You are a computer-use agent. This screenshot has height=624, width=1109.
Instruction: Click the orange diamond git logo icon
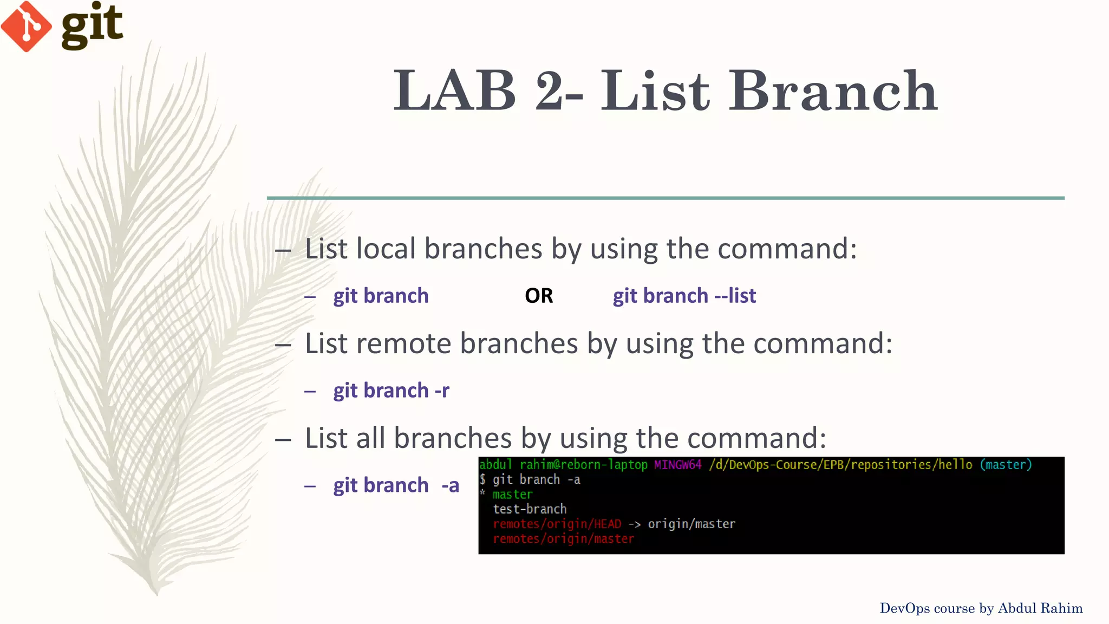click(26, 26)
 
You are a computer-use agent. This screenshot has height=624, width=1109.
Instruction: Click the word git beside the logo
click(92, 26)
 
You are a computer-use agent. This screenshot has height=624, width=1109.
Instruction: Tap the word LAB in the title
click(454, 90)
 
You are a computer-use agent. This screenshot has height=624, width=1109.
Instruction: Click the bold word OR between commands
click(539, 296)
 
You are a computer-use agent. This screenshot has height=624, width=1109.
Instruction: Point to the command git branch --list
click(684, 296)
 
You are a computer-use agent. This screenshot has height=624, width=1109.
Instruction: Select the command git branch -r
click(391, 391)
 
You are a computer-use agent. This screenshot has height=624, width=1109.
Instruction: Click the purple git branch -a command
click(396, 485)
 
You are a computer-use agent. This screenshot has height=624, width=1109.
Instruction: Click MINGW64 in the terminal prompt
click(677, 465)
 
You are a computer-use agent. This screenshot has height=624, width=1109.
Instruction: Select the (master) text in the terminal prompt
click(1006, 465)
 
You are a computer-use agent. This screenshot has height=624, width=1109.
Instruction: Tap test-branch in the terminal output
click(530, 509)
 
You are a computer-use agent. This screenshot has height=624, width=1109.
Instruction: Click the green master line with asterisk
click(512, 495)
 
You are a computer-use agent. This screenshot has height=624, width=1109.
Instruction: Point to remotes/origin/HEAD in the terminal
click(557, 524)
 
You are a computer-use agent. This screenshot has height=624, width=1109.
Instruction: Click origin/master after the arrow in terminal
click(692, 524)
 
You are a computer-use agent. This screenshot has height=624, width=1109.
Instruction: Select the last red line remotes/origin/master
click(563, 539)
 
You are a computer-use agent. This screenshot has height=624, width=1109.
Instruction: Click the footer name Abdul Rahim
click(1040, 608)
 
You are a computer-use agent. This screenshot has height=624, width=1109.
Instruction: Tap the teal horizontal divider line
click(666, 198)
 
